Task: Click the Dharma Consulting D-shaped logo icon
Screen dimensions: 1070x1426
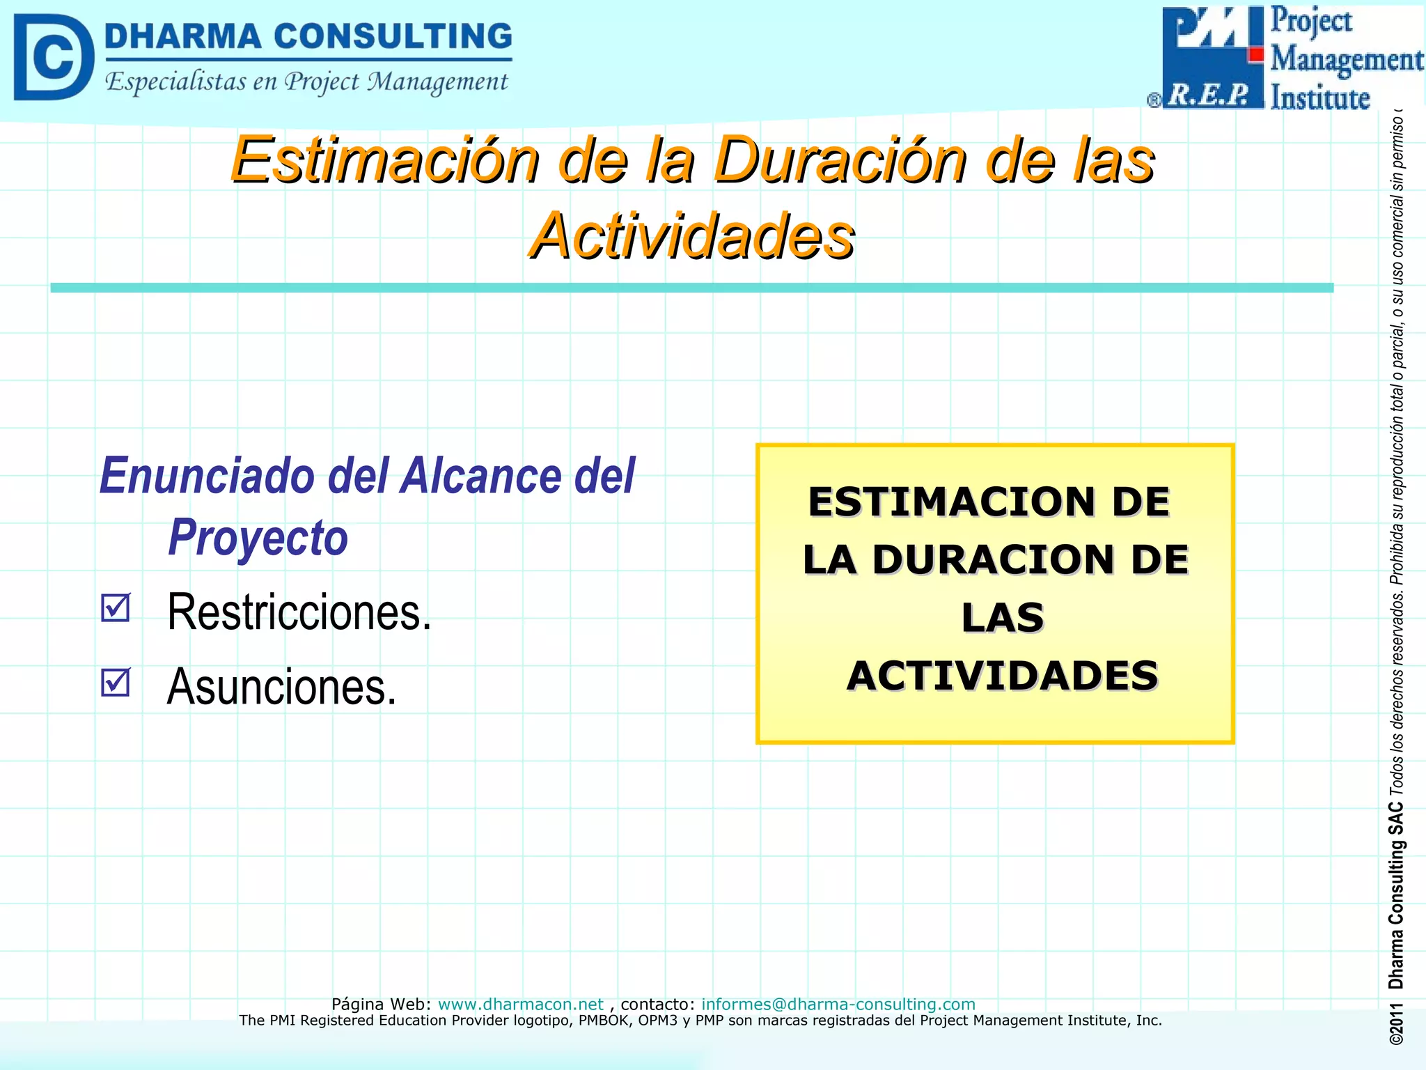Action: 53,57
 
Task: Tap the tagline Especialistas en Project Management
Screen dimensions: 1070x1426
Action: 306,82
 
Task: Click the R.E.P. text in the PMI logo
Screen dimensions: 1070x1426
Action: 1208,94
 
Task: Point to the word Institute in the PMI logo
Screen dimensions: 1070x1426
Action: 1319,98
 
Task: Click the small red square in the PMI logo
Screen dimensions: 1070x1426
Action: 1256,54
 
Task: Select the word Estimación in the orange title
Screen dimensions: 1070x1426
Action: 385,160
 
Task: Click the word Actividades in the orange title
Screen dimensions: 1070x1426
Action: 691,236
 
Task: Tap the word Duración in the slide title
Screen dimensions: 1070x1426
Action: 841,160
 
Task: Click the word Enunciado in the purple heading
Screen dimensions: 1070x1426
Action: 207,476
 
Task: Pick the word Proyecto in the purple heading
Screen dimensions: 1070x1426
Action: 258,538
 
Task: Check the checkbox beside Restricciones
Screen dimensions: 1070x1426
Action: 115,607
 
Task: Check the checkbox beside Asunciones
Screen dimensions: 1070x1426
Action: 115,682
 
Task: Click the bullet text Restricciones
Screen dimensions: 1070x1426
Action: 299,612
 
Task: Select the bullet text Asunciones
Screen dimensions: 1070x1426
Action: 281,687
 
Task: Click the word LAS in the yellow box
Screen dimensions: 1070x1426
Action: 1003,617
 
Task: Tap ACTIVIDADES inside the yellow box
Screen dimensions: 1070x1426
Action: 1003,676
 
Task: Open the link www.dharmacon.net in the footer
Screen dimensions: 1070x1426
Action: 520,1004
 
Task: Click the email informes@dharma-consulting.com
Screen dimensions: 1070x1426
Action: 838,1004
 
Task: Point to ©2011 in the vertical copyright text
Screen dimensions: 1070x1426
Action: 1395,1024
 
